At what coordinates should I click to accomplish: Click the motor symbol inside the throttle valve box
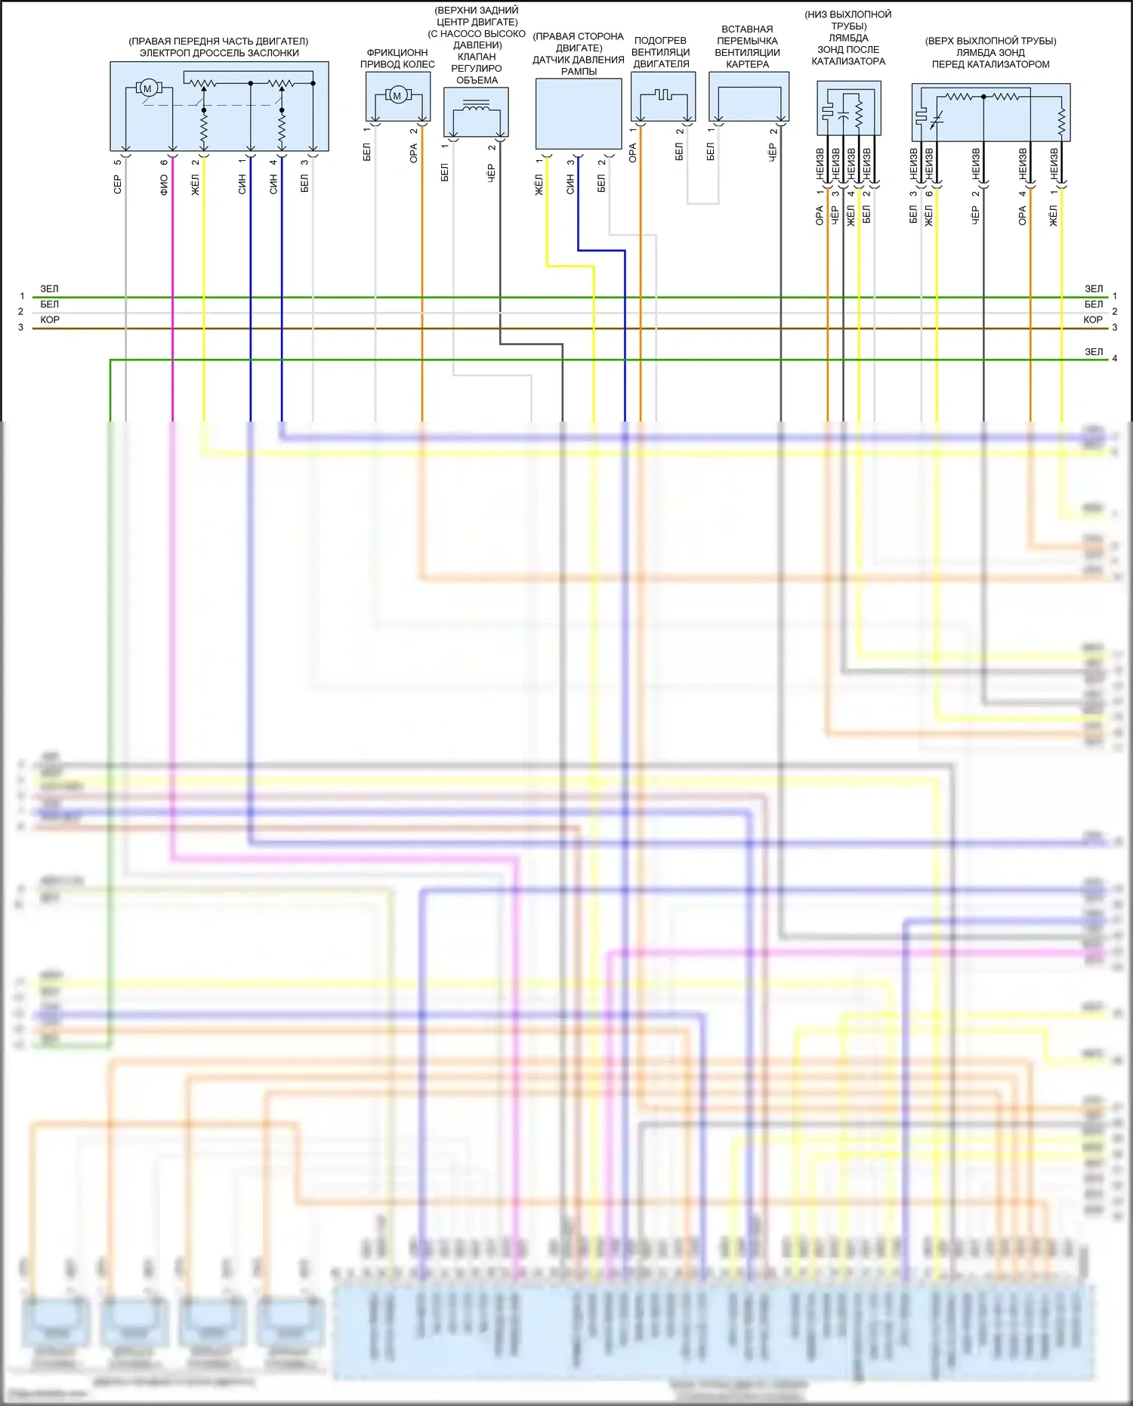[147, 88]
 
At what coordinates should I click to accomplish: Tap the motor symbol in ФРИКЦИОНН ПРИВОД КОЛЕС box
[397, 95]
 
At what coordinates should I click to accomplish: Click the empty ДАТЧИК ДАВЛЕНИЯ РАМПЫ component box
[579, 113]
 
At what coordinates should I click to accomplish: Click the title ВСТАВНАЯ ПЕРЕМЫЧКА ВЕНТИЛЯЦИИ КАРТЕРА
[747, 47]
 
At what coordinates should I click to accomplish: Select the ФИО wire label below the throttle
[164, 185]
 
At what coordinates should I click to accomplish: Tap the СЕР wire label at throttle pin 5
[117, 184]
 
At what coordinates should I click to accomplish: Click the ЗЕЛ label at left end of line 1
[49, 289]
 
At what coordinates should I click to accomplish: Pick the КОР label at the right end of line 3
[1093, 320]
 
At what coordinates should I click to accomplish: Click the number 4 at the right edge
[1114, 359]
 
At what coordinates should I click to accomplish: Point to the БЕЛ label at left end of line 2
[49, 304]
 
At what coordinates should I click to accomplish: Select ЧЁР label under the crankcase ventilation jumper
[773, 152]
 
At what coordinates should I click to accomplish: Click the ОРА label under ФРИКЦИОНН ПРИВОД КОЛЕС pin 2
[414, 153]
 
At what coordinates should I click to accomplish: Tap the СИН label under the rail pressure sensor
[570, 184]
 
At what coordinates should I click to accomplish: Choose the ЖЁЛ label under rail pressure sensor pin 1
[539, 184]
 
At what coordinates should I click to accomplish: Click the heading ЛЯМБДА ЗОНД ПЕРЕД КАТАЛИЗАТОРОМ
[990, 58]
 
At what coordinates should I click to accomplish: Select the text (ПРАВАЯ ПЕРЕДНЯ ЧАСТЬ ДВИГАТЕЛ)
[218, 41]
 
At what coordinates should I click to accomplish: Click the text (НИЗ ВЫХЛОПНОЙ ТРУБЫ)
[847, 20]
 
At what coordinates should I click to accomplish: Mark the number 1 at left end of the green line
[22, 296]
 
